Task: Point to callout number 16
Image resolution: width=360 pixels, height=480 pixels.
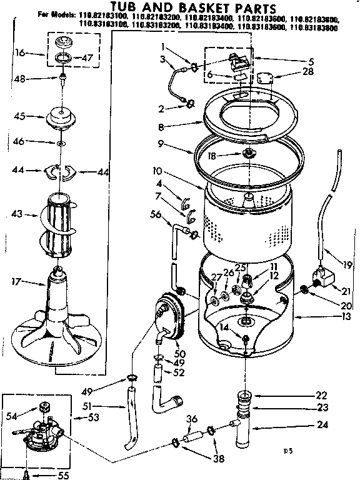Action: tap(20, 54)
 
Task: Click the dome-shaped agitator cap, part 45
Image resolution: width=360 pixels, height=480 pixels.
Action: tap(62, 117)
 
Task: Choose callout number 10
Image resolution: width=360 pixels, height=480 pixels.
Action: tap(157, 170)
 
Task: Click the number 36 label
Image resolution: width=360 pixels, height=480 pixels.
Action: tap(192, 419)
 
